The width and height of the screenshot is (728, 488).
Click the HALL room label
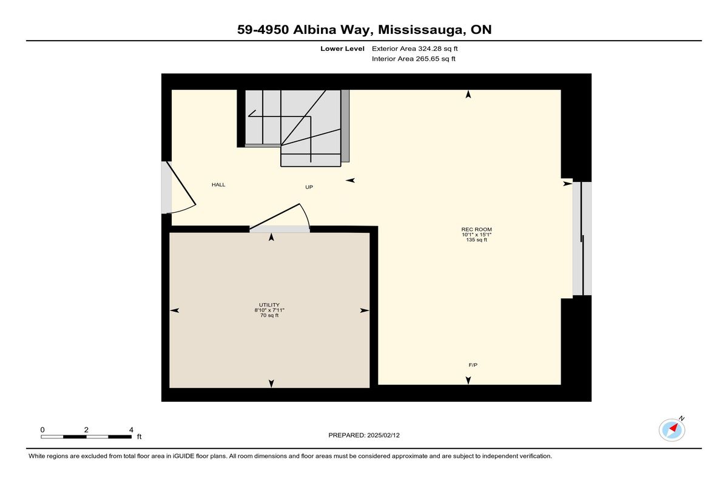coord(218,185)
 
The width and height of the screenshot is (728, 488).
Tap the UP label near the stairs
coord(309,187)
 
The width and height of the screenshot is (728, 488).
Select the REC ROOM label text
coord(476,229)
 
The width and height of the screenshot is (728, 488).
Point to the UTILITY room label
coord(269,305)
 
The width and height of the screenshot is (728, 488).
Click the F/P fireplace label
coord(473,365)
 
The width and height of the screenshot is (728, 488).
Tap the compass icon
coord(672,430)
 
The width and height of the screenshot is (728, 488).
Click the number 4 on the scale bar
coord(131,430)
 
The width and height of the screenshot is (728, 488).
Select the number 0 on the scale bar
coord(42,430)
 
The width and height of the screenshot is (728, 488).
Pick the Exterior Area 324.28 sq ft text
coord(415,48)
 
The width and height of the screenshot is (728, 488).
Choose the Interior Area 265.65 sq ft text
coord(413,59)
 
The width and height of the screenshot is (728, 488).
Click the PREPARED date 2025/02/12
coord(383,435)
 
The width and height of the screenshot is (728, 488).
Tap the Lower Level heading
coord(342,48)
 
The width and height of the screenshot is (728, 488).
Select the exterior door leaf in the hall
coord(181,183)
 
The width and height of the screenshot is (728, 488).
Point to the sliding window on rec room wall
coord(582,239)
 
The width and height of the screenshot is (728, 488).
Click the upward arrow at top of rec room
coord(468,94)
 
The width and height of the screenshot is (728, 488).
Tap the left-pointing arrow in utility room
coord(175,310)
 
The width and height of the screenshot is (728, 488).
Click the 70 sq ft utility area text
coord(269,315)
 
